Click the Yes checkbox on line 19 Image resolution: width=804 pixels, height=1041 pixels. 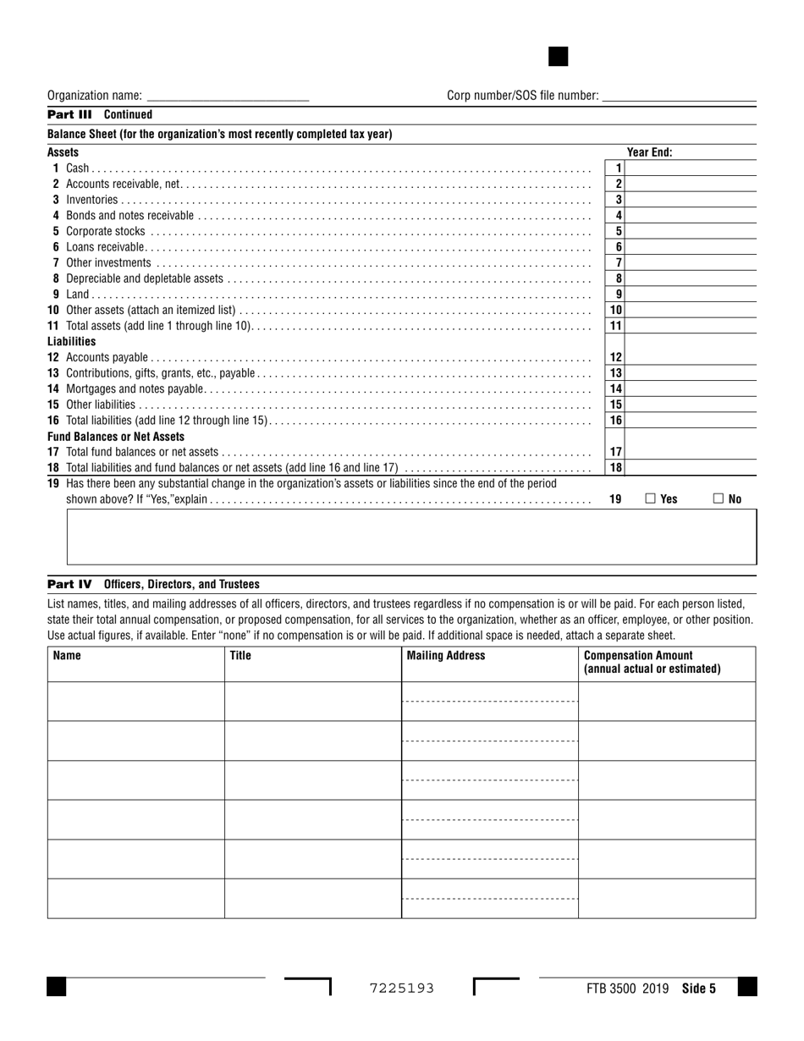pos(651,499)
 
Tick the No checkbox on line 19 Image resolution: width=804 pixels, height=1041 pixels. pos(719,499)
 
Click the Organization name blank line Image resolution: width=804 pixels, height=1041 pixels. pos(228,96)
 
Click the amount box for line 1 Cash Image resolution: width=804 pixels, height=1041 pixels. pos(691,168)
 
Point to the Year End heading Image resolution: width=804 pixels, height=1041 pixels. pos(649,152)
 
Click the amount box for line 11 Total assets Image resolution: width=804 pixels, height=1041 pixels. pos(691,326)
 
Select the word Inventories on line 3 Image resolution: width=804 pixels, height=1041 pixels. pos(92,200)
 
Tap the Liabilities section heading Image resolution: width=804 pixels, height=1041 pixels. pos(72,341)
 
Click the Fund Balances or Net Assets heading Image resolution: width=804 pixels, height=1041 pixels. pos(116,437)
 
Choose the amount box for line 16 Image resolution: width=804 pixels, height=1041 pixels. pos(691,421)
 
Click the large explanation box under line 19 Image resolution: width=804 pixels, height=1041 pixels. pos(411,537)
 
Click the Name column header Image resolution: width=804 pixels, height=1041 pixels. pos(67,655)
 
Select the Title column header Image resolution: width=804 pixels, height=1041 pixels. pos(240,655)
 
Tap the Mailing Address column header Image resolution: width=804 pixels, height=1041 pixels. pos(446,655)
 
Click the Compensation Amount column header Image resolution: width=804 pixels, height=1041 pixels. pos(652,662)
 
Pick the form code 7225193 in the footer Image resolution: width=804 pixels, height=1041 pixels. pos(402,988)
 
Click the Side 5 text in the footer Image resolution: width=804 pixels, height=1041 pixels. pos(698,988)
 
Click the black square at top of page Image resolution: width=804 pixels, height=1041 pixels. pos(559,57)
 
